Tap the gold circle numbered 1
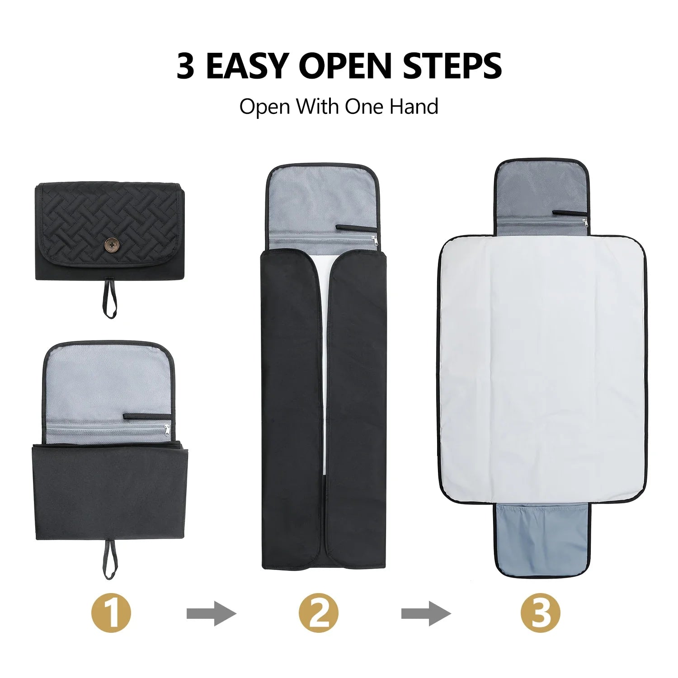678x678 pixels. tap(111, 613)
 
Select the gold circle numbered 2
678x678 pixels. tap(318, 613)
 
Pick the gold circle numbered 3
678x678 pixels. tap(540, 613)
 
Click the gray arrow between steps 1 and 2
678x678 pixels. tap(212, 613)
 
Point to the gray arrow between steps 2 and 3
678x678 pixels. tap(426, 613)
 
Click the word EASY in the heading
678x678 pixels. tap(247, 66)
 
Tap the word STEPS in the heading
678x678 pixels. tap(452, 66)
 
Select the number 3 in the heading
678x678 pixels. tap(185, 66)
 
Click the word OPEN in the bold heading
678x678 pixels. tap(345, 66)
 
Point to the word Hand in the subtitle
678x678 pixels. tap(414, 107)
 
